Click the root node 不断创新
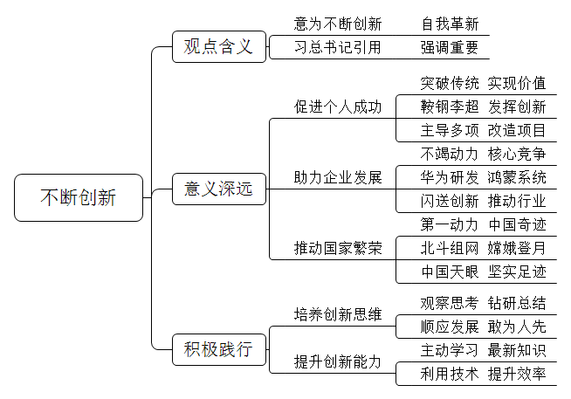[x=79, y=197]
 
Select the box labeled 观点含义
[x=219, y=46]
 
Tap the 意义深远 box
[x=219, y=189]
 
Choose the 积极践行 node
[x=219, y=349]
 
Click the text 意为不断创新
[x=338, y=24]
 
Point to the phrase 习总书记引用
[x=338, y=47]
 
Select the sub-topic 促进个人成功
[x=338, y=107]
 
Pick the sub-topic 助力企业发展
[x=338, y=177]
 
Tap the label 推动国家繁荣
[x=338, y=248]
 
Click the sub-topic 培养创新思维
[x=338, y=314]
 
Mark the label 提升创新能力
[x=338, y=361]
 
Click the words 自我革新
[x=450, y=24]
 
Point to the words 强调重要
[x=450, y=47]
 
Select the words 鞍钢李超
[x=450, y=107]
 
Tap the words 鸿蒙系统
[x=517, y=177]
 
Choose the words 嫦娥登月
[x=517, y=248]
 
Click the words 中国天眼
[x=450, y=272]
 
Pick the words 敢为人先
[x=517, y=327]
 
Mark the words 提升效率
[x=517, y=374]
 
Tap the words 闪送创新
[x=450, y=201]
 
